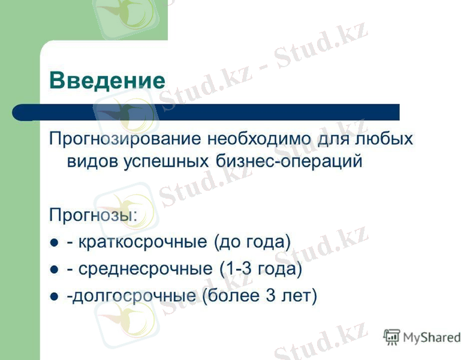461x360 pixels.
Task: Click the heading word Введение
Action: tap(107, 80)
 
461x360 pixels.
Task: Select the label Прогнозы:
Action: tap(93, 214)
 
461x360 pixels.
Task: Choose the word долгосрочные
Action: tap(134, 296)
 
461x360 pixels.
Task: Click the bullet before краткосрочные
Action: tap(55, 244)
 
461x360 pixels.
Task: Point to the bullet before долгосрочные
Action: tap(55, 297)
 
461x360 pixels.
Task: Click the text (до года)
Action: tap(252, 242)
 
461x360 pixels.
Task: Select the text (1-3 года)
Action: tap(261, 269)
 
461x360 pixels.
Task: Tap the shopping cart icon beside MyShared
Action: tap(391, 337)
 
